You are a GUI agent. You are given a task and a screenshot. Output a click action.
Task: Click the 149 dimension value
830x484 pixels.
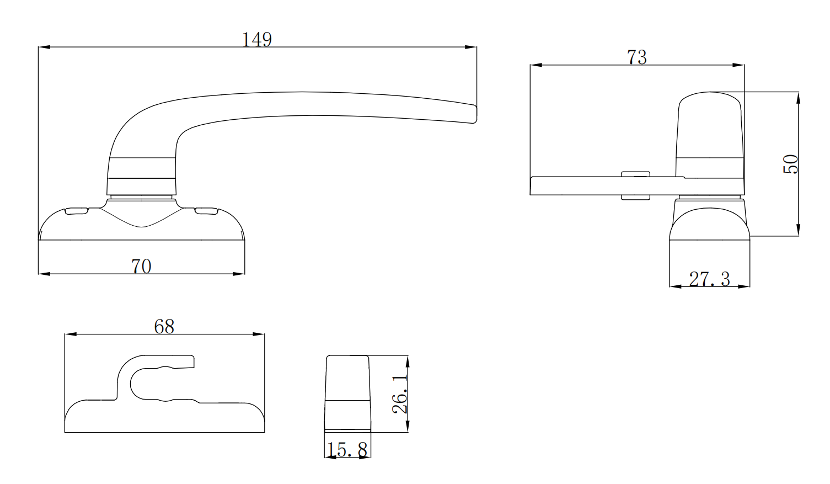257,40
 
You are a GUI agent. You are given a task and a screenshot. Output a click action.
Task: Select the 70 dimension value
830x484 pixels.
141,266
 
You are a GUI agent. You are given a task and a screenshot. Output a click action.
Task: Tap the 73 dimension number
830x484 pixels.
636,57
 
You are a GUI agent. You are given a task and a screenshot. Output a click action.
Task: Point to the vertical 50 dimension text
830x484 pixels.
790,164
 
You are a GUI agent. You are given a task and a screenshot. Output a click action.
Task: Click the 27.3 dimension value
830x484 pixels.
709,279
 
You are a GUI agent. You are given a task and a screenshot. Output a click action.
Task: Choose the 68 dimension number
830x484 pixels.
164,327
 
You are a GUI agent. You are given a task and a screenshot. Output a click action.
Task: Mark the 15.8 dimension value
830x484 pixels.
347,450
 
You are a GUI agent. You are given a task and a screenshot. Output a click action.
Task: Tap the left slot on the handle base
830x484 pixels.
77,211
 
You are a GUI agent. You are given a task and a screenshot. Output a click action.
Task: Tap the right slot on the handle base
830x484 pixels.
206,211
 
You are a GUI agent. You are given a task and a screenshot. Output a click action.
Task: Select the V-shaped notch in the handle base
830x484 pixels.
142,220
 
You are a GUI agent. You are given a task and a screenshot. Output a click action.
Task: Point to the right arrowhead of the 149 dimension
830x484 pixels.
471,47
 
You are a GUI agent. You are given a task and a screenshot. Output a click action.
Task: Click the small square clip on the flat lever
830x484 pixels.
635,185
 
